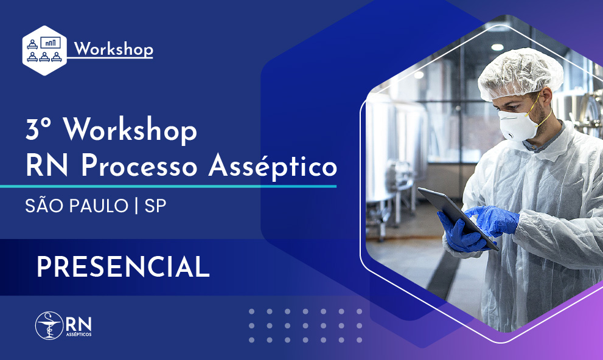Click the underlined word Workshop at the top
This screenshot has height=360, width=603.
point(113,49)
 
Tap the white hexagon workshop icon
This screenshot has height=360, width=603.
point(43,50)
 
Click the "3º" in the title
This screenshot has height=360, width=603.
point(37,130)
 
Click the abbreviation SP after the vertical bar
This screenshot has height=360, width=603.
point(155,206)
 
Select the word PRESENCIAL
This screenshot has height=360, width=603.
point(123,267)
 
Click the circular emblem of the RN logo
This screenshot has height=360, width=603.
point(49,325)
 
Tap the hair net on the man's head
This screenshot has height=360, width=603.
point(521,73)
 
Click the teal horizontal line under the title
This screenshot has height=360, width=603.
point(168,185)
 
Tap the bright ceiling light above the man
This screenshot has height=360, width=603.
point(497,47)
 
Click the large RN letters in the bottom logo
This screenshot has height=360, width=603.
point(78,322)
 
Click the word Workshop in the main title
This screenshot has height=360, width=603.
point(130,130)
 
